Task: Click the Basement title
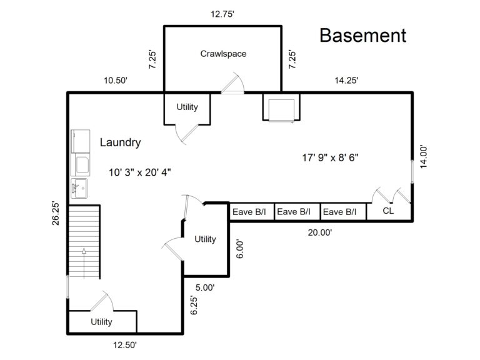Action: [362, 36]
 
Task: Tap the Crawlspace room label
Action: [223, 54]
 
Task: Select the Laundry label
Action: [120, 142]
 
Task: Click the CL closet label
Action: [388, 211]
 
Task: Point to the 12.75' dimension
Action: [222, 15]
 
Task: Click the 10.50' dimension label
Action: [116, 80]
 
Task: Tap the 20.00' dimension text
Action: [319, 232]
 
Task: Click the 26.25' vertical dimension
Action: [56, 213]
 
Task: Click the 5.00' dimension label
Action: [204, 287]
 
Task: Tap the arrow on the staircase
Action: [83, 257]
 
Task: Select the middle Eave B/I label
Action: [294, 212]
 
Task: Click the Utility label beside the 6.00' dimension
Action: [205, 239]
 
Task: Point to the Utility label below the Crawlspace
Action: [187, 107]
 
